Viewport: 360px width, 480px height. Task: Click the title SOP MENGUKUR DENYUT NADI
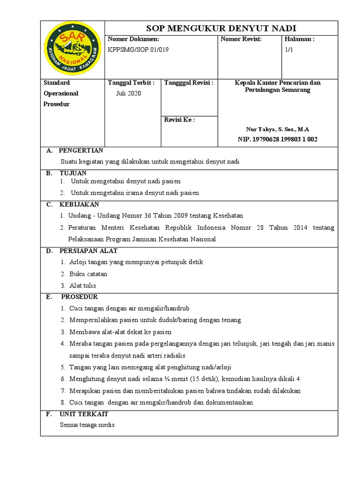(x=221, y=28)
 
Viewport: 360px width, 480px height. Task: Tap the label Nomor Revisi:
(x=241, y=39)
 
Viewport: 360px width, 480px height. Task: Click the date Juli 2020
(x=128, y=93)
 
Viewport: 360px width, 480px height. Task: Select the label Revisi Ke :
(x=180, y=120)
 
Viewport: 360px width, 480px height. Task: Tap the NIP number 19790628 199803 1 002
(x=287, y=139)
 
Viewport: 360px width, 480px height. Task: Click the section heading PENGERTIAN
(x=81, y=150)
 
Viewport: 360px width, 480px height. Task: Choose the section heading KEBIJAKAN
(x=79, y=204)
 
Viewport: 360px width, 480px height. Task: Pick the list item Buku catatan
(x=88, y=274)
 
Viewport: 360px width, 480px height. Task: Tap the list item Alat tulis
(x=82, y=285)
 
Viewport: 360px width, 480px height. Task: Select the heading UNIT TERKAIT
(x=84, y=414)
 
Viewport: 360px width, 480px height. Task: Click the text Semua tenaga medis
(x=87, y=425)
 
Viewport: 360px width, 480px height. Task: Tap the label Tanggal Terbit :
(x=131, y=83)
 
